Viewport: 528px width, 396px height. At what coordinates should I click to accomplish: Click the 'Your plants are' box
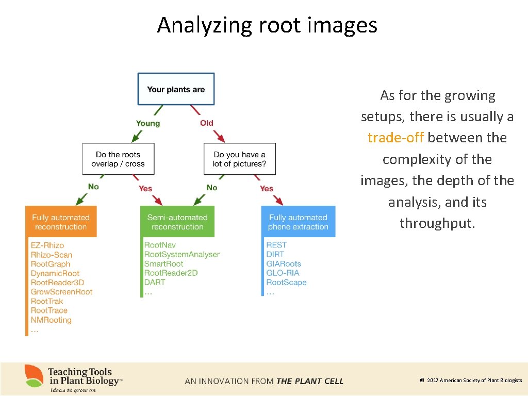click(176, 89)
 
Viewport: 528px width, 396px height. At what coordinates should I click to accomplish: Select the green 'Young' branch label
click(148, 123)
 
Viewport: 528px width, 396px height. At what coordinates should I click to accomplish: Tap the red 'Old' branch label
click(207, 123)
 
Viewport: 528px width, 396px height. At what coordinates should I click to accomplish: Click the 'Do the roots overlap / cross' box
click(118, 159)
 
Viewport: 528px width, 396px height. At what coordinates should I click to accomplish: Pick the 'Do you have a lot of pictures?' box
click(239, 159)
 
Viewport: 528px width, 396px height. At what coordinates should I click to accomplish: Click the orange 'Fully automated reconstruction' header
click(61, 222)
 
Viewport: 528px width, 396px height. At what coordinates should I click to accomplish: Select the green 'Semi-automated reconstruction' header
click(177, 222)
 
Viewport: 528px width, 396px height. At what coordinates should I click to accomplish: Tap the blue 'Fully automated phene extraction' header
click(298, 222)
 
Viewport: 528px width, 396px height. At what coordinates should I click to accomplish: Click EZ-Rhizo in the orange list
click(47, 245)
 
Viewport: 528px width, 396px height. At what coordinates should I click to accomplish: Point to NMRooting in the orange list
click(51, 320)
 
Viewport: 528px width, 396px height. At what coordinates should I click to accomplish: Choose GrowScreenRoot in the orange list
click(61, 292)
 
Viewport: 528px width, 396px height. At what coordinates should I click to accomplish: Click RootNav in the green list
click(160, 245)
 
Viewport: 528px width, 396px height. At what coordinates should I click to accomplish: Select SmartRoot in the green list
click(164, 264)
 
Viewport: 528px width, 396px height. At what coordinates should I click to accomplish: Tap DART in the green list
click(155, 283)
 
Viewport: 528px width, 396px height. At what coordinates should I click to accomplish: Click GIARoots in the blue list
click(284, 264)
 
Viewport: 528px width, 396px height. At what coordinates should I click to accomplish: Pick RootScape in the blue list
click(286, 283)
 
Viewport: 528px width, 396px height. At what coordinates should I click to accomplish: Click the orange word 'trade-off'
click(396, 138)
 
